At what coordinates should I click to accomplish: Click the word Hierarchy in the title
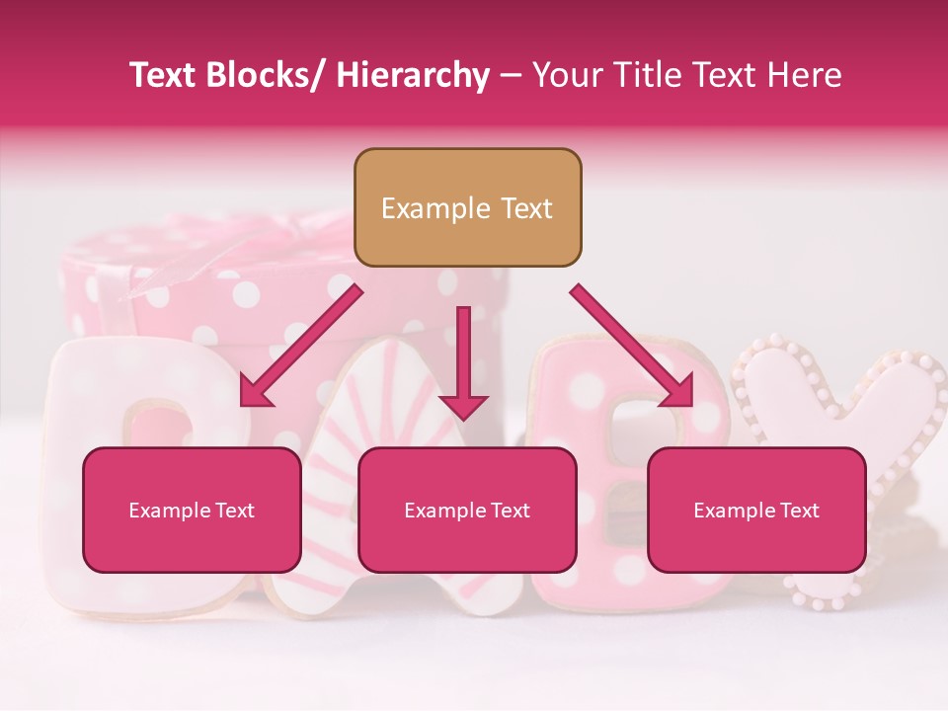pos(413,75)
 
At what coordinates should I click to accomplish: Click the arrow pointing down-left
pos(300,346)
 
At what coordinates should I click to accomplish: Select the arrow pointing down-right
pos(632,346)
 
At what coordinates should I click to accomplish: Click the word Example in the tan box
pos(422,208)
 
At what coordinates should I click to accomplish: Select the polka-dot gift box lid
pos(197,267)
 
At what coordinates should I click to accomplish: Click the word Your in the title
pos(566,75)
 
